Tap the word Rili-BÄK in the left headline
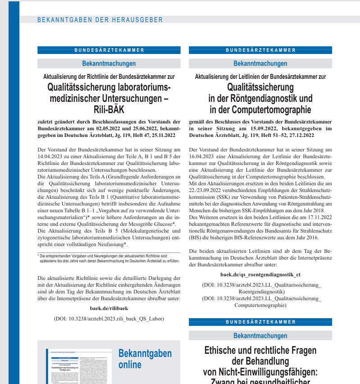click(x=109, y=110)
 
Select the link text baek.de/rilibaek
click(x=109, y=308)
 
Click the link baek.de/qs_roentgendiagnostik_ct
click(x=260, y=274)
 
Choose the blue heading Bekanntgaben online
click(x=145, y=359)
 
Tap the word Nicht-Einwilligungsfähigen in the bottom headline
click(x=260, y=372)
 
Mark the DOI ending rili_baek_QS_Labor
click(x=109, y=318)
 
